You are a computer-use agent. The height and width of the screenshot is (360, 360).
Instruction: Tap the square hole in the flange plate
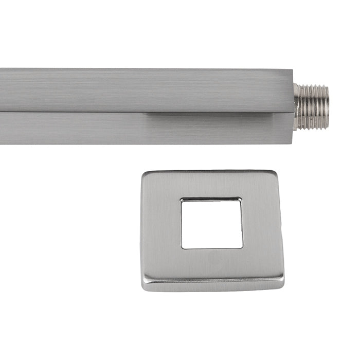coord(212,223)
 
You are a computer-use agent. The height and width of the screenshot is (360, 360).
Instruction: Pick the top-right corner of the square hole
coord(241,199)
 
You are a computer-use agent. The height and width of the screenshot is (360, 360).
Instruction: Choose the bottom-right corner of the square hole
coord(242,247)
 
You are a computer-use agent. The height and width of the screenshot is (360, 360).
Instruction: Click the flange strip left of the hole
coord(162,226)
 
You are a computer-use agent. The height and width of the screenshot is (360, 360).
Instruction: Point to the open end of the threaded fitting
coord(327,107)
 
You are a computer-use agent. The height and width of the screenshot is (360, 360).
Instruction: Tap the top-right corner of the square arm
coord(293,70)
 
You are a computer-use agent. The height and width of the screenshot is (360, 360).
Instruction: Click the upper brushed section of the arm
coord(144,90)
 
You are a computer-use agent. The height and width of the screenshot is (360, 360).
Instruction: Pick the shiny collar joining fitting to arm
coord(297,106)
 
